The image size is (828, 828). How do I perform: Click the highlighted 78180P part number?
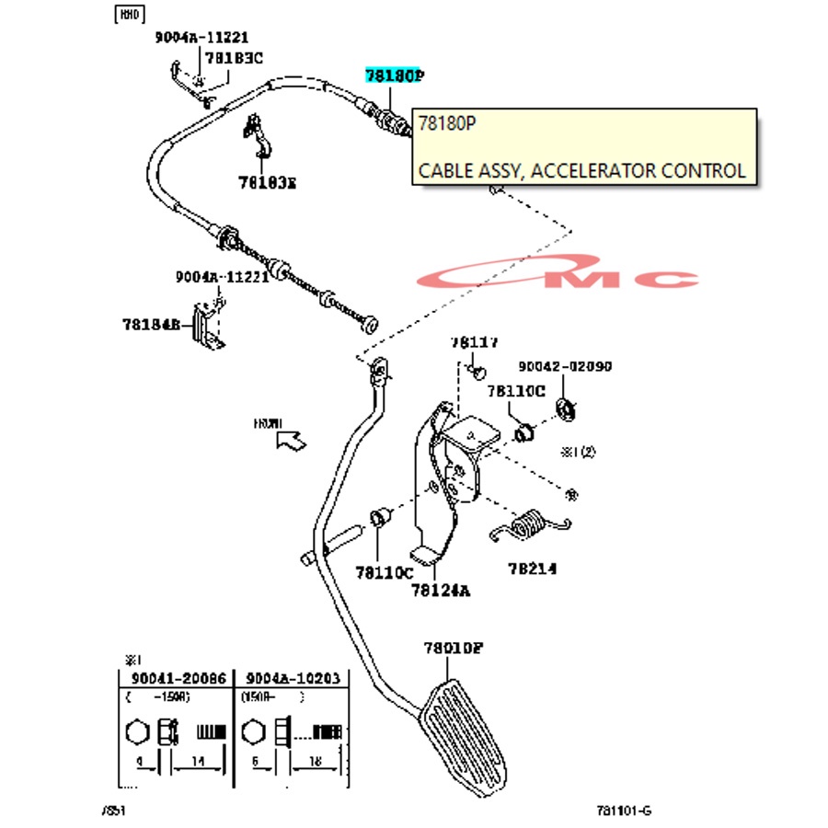point(394,75)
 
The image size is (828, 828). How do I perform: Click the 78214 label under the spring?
point(531,569)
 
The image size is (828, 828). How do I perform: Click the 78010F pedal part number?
point(453,648)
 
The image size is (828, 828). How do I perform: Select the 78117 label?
point(474,342)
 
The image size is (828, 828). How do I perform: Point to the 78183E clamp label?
point(268,183)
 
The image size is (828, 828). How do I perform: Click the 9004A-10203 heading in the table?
point(293,678)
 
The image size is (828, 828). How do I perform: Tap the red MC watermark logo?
point(570,276)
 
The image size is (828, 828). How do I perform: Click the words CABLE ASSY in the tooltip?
point(461,170)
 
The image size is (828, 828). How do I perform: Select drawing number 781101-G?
point(623,811)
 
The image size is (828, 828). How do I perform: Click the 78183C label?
point(234,57)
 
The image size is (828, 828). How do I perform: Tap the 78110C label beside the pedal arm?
point(385,572)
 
